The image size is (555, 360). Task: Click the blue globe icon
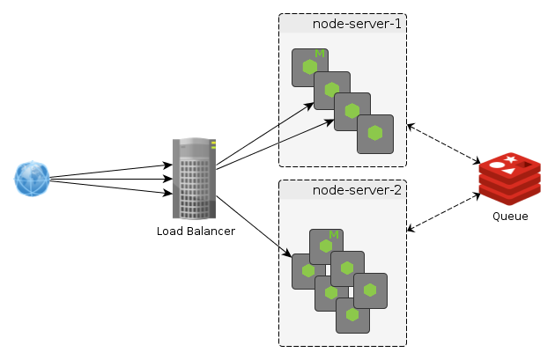[32, 179]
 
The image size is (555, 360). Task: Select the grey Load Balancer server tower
[194, 179]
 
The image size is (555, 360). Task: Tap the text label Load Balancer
[196, 231]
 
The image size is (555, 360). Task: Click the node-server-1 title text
[357, 24]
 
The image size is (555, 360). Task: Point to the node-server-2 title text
[357, 189]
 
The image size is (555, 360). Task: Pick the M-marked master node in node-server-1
[309, 67]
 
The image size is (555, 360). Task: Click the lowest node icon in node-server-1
[375, 134]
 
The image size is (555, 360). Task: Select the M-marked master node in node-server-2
[325, 246]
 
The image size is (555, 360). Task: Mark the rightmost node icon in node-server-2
[371, 290]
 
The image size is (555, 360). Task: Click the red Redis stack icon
[509, 179]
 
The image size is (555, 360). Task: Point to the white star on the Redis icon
[510, 159]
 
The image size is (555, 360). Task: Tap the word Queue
[510, 216]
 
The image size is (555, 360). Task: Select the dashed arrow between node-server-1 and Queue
[443, 144]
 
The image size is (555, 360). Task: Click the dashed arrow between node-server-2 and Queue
[443, 212]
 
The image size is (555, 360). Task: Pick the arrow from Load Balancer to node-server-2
[253, 226]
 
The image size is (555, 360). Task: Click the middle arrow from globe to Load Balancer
[110, 179]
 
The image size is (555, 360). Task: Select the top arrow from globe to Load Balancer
[110, 172]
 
